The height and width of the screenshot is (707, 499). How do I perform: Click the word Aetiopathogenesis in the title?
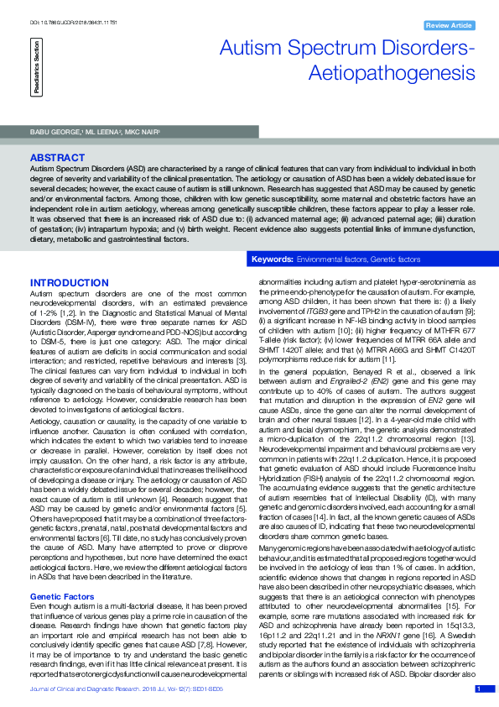(381, 74)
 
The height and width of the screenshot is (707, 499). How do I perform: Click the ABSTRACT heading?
(56, 158)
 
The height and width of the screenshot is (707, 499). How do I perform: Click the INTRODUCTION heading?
(69, 282)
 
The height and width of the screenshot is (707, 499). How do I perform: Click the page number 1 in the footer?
(479, 689)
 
